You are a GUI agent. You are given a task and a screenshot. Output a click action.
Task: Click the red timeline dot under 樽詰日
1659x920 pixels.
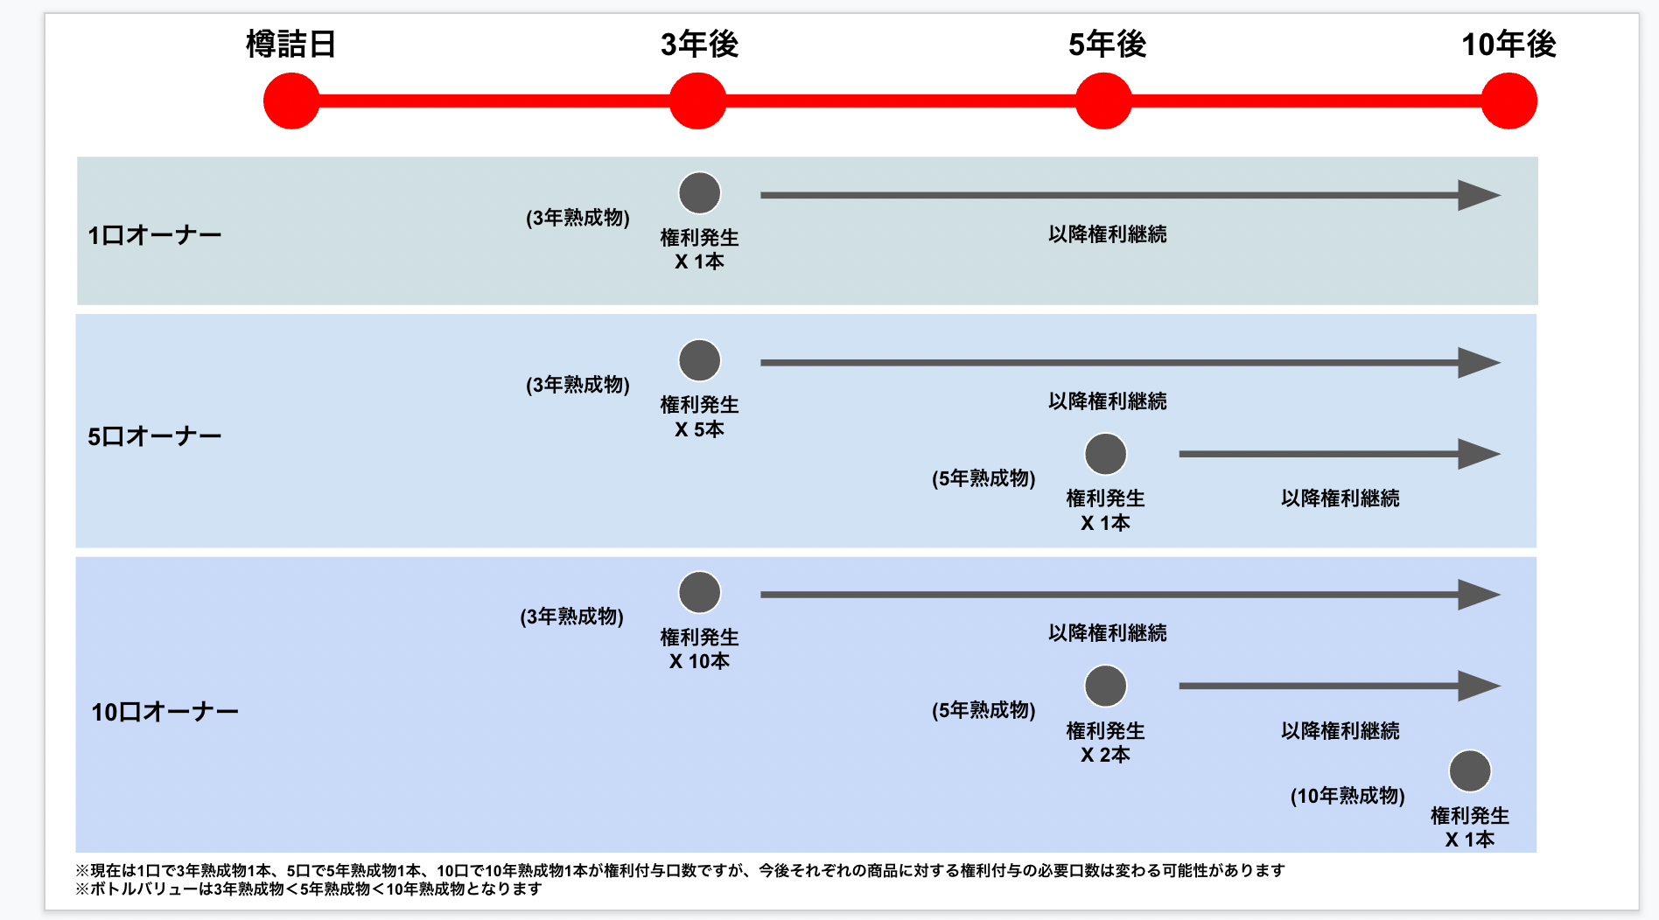[291, 101]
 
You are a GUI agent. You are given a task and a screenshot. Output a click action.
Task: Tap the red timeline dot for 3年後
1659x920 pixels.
[697, 101]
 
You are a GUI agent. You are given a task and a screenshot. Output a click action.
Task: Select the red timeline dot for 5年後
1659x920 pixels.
[1103, 101]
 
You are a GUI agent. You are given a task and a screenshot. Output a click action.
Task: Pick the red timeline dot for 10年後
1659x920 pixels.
[1508, 101]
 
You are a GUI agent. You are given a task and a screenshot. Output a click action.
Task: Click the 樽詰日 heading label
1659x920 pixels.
[291, 44]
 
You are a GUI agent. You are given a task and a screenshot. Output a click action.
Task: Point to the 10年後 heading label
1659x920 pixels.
[1508, 44]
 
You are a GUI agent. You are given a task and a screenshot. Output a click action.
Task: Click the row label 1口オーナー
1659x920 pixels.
[155, 235]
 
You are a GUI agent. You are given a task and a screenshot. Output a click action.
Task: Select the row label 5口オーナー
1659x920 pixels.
[155, 436]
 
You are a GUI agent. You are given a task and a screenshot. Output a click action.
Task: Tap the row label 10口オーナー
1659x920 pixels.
[164, 712]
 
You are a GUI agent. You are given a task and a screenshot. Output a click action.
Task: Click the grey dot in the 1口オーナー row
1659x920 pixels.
[700, 193]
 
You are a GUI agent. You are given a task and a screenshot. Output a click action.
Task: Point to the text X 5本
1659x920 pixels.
[699, 429]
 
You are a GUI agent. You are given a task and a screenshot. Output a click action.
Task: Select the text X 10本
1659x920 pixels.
[699, 661]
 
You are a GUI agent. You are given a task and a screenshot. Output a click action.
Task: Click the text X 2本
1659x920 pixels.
[1105, 755]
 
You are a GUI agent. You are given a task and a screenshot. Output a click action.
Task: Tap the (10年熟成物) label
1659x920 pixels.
[1347, 796]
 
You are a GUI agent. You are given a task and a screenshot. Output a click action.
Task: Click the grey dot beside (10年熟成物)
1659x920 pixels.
[1470, 771]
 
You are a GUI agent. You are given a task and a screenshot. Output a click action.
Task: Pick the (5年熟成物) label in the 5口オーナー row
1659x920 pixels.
[983, 478]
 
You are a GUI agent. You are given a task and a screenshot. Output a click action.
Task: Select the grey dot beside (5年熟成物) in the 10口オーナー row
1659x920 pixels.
[1106, 686]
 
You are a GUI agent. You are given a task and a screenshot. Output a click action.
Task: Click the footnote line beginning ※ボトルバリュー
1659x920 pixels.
[309, 889]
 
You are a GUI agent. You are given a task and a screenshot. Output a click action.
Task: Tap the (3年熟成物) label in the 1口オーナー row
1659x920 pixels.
[577, 218]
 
